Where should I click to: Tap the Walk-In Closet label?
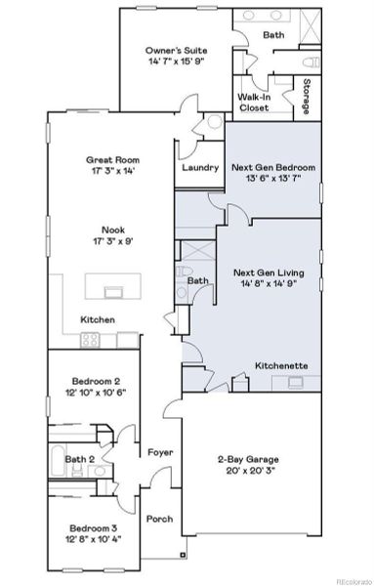[254, 103]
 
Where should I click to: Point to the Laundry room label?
[199, 167]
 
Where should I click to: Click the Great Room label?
[113, 159]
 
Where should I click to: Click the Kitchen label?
[98, 319]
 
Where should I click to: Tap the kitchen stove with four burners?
[91, 340]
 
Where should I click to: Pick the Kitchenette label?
[282, 365]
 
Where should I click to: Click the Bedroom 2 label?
[95, 380]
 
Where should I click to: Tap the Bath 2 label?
[78, 458]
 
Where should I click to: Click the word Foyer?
[160, 453]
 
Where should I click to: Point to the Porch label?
[159, 519]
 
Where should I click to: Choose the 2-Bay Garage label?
[250, 454]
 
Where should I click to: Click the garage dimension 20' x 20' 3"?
[250, 467]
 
